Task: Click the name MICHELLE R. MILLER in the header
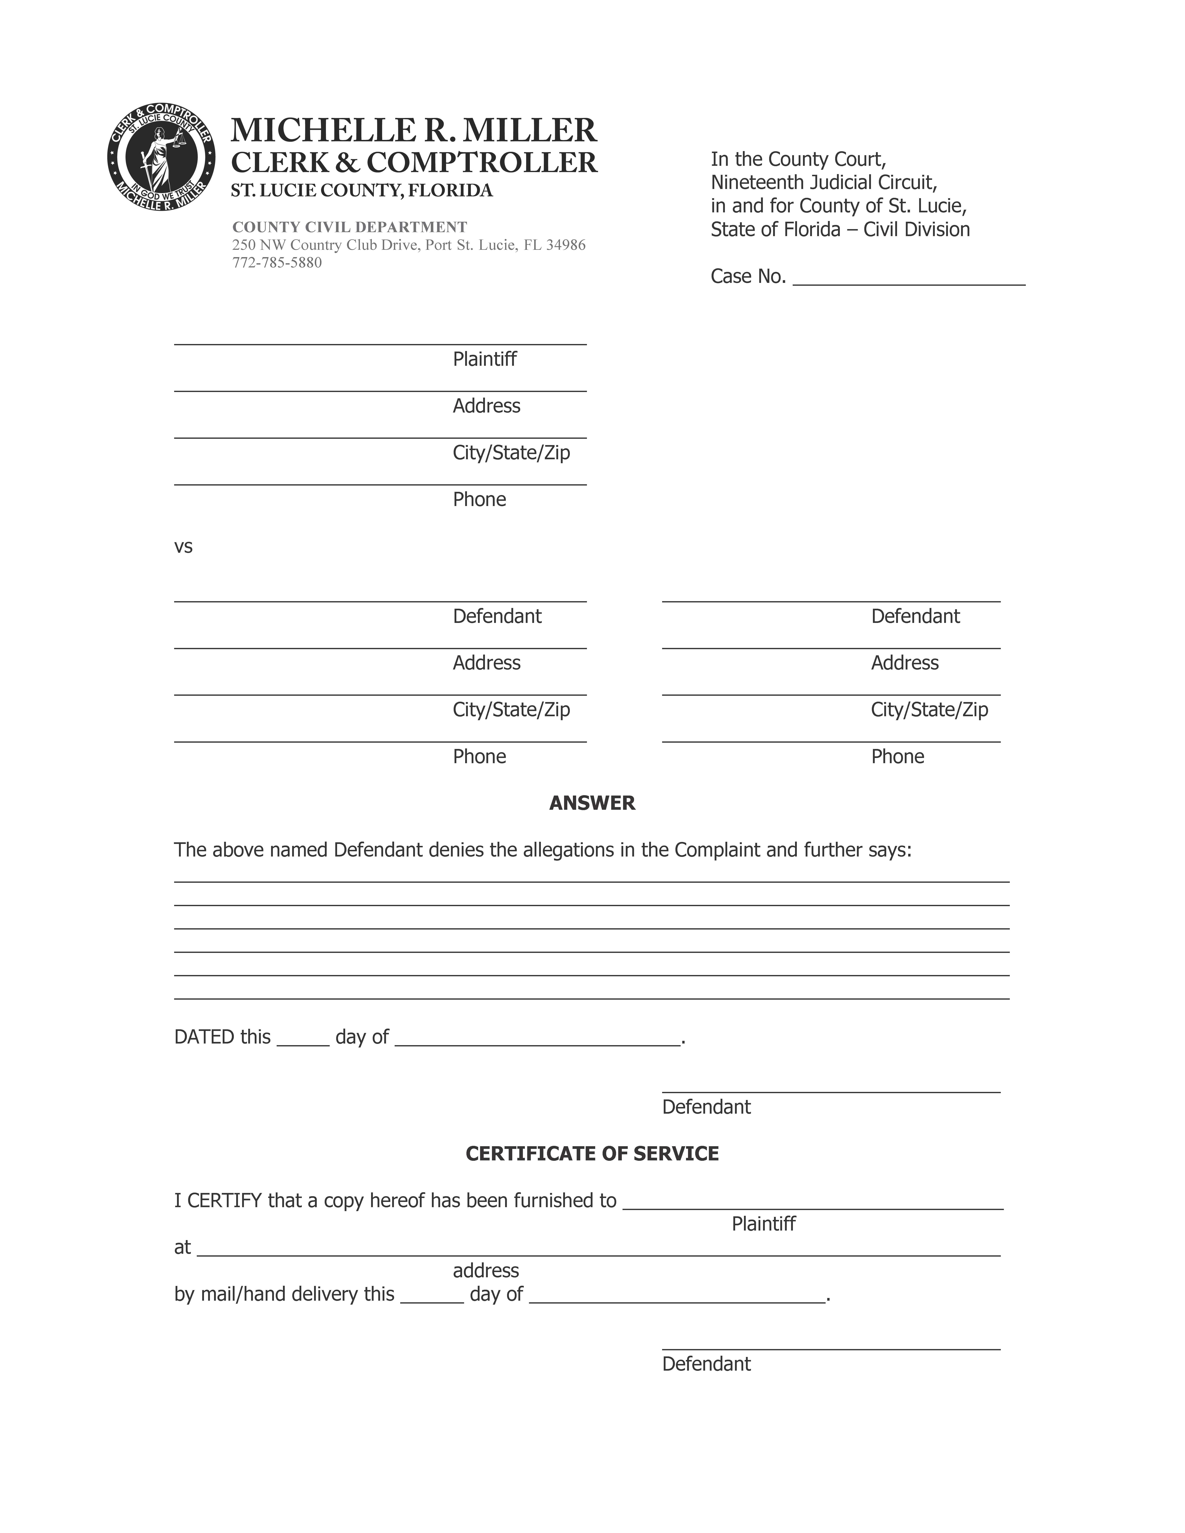414,131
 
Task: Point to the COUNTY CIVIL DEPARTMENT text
350,227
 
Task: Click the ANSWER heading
592,803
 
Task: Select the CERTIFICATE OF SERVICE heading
592,1154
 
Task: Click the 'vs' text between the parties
183,547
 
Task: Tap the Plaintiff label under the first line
484,359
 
